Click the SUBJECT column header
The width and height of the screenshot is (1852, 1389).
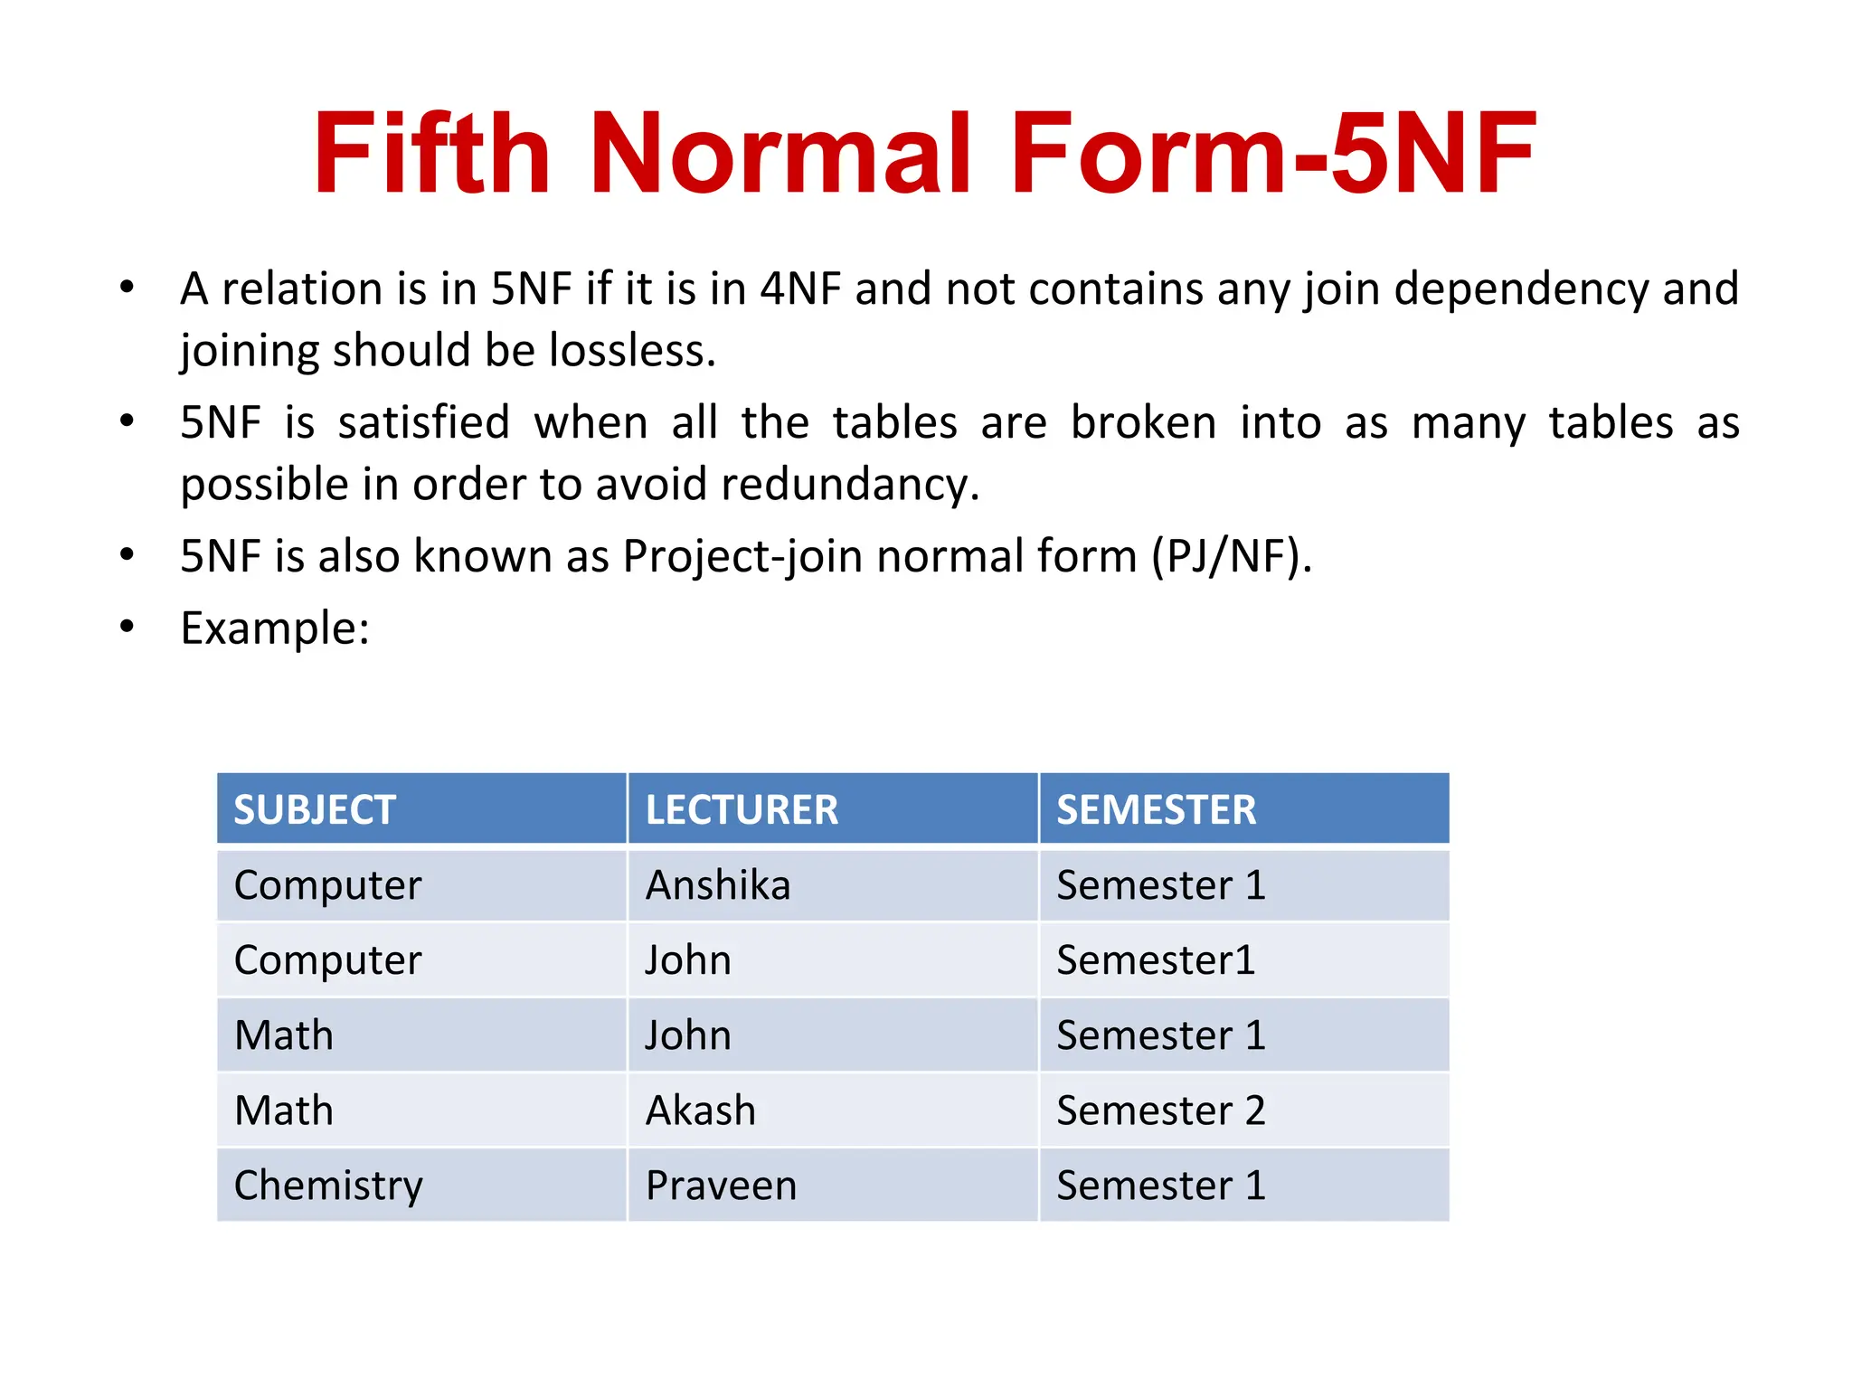pyautogui.click(x=315, y=809)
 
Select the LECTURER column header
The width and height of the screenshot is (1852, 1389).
pyautogui.click(x=742, y=809)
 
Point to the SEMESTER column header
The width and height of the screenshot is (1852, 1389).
pyautogui.click(x=1156, y=809)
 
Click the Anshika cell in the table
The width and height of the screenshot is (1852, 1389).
pyautogui.click(x=718, y=885)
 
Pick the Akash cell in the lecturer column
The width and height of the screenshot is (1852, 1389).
pyautogui.click(x=701, y=1110)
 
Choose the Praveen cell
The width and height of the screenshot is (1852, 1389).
pyautogui.click(x=721, y=1186)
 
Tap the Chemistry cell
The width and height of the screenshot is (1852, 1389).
pyautogui.click(x=328, y=1186)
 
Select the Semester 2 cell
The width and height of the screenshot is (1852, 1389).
pyautogui.click(x=1160, y=1110)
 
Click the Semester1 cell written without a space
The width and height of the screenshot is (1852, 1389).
pyautogui.click(x=1156, y=960)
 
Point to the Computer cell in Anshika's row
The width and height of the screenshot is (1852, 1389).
pyautogui.click(x=327, y=885)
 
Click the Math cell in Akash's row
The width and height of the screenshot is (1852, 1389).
pyautogui.click(x=284, y=1110)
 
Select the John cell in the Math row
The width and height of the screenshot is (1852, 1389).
pyautogui.click(x=688, y=1035)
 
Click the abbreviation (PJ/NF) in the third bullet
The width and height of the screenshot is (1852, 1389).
pyautogui.click(x=1231, y=556)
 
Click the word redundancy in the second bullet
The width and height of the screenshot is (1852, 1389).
pyautogui.click(x=850, y=485)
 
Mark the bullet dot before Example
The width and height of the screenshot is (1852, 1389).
pyautogui.click(x=128, y=626)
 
